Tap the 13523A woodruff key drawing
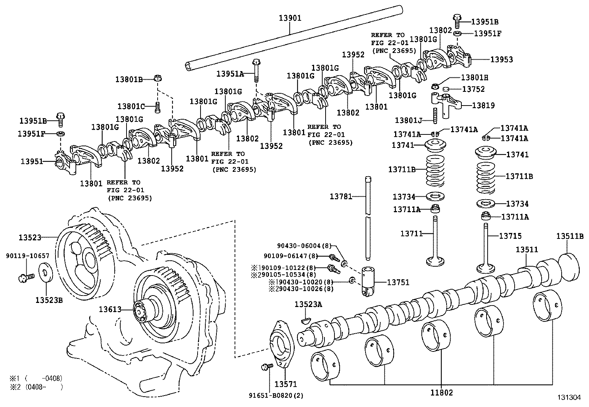click(x=306, y=320)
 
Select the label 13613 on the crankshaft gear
click(x=110, y=309)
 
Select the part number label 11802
click(x=442, y=393)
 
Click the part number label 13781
click(x=341, y=196)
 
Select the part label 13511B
click(x=570, y=236)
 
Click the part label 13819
click(x=483, y=106)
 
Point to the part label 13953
click(x=501, y=59)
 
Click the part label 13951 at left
click(x=31, y=161)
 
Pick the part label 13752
click(x=473, y=89)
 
